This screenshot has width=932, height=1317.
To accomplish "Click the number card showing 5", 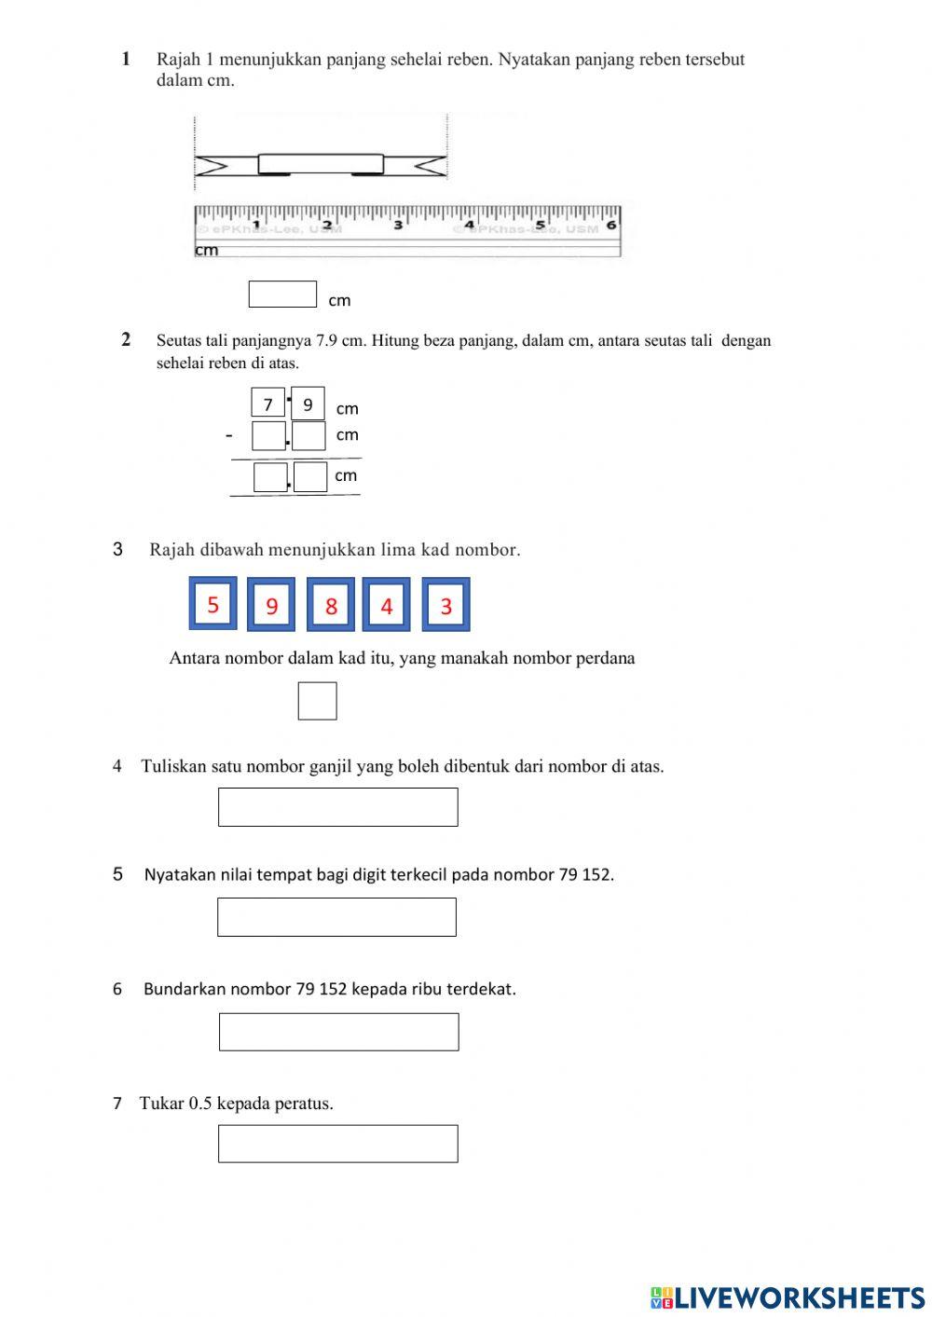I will pyautogui.click(x=212, y=604).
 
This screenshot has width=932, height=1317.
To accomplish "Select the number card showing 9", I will pyautogui.click(x=271, y=606).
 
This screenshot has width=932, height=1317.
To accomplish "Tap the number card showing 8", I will pyautogui.click(x=331, y=606).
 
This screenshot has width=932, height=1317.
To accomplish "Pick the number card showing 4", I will pyautogui.click(x=387, y=606).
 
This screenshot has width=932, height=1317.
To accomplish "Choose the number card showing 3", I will pyautogui.click(x=445, y=606).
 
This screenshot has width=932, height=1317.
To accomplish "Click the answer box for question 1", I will pyautogui.click(x=282, y=295).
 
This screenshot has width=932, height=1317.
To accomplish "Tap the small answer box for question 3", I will pyautogui.click(x=317, y=701).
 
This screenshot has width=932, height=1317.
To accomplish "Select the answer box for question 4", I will pyautogui.click(x=337, y=807).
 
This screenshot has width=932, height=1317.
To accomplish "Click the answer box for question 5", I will pyautogui.click(x=336, y=917).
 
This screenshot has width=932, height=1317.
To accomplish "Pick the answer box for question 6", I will pyautogui.click(x=338, y=1032).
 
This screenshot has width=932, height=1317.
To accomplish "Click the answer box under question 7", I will pyautogui.click(x=337, y=1144).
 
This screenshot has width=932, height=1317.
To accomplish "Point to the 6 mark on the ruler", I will pyautogui.click(x=611, y=225).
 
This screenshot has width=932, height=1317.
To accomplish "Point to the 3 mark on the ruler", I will pyautogui.click(x=398, y=225).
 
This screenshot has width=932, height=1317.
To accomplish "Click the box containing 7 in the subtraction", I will pyautogui.click(x=268, y=403).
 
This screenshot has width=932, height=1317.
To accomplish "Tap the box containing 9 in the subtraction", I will pyautogui.click(x=308, y=404).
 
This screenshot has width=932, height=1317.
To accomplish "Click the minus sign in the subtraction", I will pyautogui.click(x=229, y=435).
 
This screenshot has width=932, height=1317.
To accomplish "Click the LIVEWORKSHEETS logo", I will pyautogui.click(x=788, y=1296).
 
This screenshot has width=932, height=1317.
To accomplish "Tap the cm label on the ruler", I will pyautogui.click(x=207, y=250).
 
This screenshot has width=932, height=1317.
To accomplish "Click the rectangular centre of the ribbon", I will pyautogui.click(x=321, y=164).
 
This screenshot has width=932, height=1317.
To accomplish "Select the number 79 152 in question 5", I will pyautogui.click(x=584, y=874).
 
